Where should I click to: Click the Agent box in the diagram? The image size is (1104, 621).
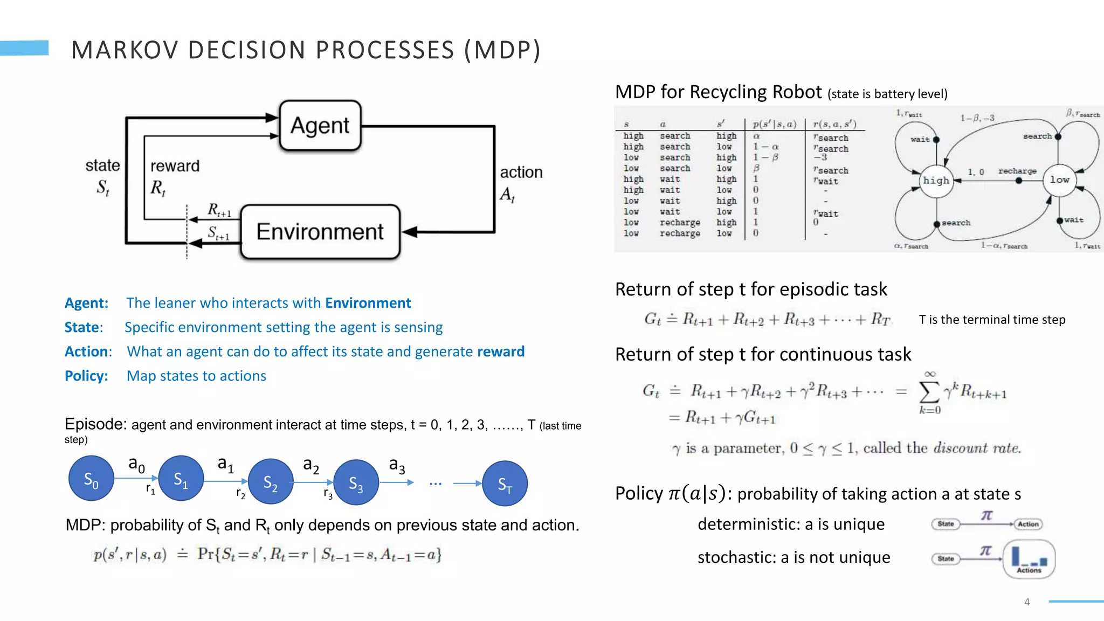click(x=320, y=125)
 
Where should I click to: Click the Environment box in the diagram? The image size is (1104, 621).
click(x=320, y=232)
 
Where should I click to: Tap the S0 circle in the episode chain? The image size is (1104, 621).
click(x=91, y=479)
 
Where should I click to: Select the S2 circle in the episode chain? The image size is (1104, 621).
click(x=270, y=482)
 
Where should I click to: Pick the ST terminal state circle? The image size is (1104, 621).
click(x=505, y=484)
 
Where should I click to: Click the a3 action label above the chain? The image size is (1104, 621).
click(x=397, y=465)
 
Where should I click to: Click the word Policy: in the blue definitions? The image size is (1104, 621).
click(x=86, y=376)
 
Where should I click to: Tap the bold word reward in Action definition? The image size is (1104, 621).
click(x=500, y=351)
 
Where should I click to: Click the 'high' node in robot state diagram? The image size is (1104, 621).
click(x=936, y=181)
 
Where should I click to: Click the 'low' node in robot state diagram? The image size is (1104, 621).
click(x=1059, y=180)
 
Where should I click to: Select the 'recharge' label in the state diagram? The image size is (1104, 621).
click(x=1017, y=171)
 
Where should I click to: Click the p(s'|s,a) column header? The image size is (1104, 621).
click(x=775, y=124)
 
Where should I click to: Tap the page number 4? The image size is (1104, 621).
click(x=1027, y=602)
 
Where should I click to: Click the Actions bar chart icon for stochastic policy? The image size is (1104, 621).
click(x=1029, y=559)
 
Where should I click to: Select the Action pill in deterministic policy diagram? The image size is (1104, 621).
click(x=1028, y=524)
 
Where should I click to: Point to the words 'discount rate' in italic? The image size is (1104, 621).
click(x=977, y=448)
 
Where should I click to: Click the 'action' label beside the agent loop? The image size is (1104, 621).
click(x=521, y=172)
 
